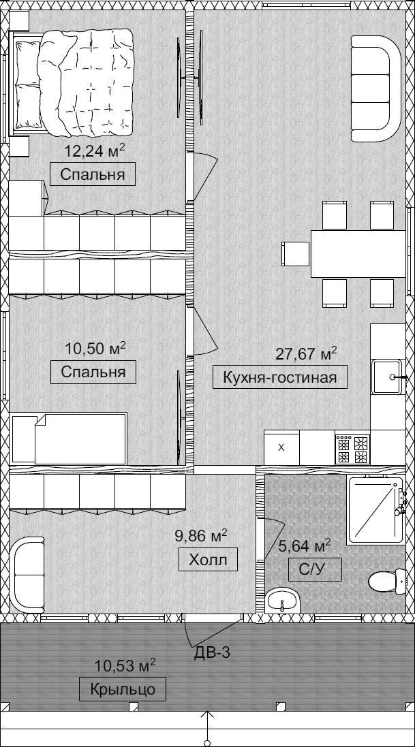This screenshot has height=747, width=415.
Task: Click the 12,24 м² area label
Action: pyautogui.click(x=95, y=151)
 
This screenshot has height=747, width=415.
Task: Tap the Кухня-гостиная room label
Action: pyautogui.click(x=279, y=377)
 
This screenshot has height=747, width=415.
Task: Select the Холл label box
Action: pyautogui.click(x=209, y=559)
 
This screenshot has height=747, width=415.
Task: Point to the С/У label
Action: pyautogui.click(x=315, y=569)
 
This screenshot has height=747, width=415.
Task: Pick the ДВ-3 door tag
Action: pyautogui.click(x=212, y=652)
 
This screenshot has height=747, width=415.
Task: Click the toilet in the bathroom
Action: pyautogui.click(x=387, y=582)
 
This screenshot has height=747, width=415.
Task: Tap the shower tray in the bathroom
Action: pyautogui.click(x=375, y=509)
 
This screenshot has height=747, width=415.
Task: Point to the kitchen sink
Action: pyautogui.click(x=387, y=377)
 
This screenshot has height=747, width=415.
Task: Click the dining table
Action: pyautogui.click(x=358, y=253)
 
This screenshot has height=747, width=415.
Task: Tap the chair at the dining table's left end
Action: pyautogui.click(x=296, y=254)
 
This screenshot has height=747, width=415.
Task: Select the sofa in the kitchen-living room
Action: pyautogui.click(x=376, y=89)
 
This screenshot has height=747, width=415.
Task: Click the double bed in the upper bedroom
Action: pyautogui.click(x=72, y=81)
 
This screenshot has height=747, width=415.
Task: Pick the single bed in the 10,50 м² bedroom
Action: pyautogui.click(x=70, y=439)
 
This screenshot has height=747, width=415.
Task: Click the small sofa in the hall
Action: pyautogui.click(x=27, y=575)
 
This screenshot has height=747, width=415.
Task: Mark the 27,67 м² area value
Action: pyautogui.click(x=306, y=355)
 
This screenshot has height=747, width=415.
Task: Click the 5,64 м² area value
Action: pyautogui.click(x=305, y=546)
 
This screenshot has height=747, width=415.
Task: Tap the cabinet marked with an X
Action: pyautogui.click(x=281, y=447)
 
